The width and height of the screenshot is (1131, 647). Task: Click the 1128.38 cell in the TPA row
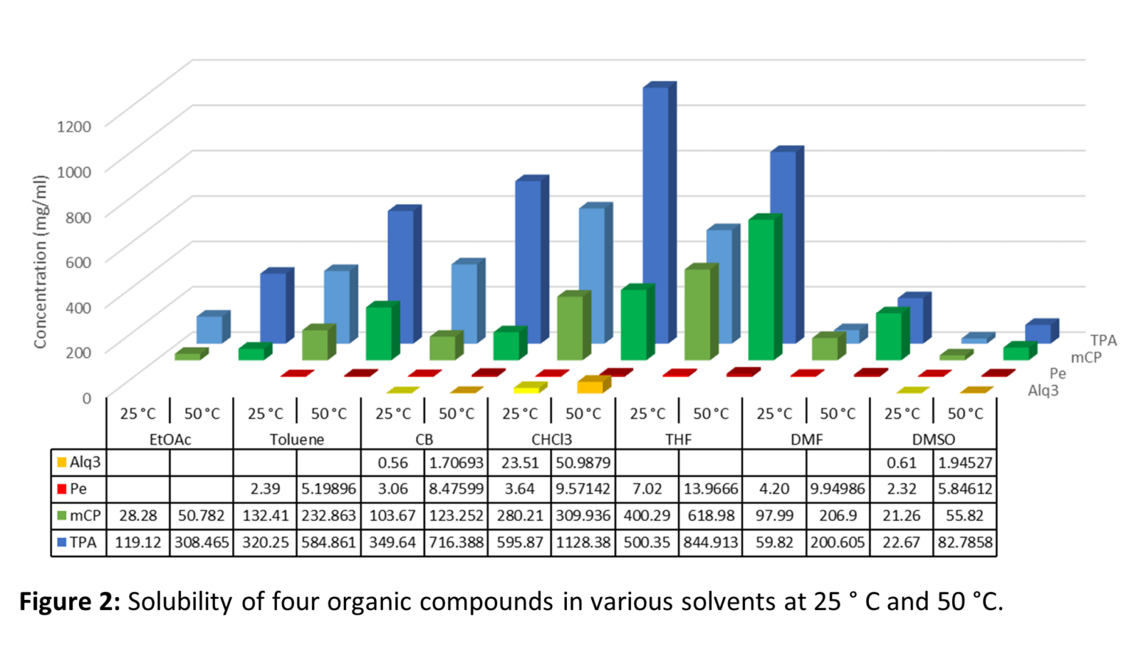click(583, 542)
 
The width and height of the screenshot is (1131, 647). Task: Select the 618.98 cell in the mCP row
click(711, 515)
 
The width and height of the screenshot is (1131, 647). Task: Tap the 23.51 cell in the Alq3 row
click(520, 462)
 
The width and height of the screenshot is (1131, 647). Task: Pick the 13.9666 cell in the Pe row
click(711, 489)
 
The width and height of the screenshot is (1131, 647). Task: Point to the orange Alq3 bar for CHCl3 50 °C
click(591, 385)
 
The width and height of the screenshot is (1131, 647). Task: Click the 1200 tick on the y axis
click(74, 126)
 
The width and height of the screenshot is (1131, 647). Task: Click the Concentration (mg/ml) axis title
click(40, 261)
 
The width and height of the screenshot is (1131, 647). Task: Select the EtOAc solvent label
click(170, 439)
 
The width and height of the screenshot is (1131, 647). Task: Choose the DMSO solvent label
click(933, 439)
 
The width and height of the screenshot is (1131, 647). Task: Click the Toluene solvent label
click(297, 439)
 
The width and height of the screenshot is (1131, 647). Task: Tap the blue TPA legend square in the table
click(62, 542)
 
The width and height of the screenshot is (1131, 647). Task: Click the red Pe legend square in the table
click(62, 489)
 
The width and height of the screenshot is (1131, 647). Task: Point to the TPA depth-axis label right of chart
click(1103, 340)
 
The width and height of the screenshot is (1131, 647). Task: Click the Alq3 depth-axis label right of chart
click(1043, 391)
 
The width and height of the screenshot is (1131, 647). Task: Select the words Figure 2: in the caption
click(69, 601)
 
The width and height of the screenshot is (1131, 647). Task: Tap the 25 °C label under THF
click(647, 414)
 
